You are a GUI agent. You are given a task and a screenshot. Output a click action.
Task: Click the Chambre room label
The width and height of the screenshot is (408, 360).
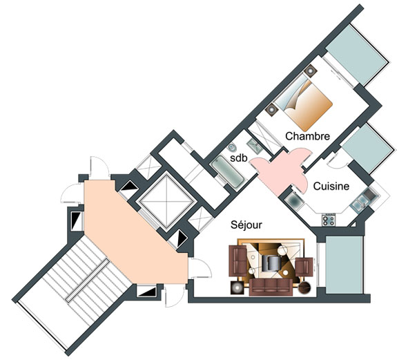[x=307, y=136]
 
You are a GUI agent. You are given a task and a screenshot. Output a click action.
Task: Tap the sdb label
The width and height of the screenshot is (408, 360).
[x=238, y=158]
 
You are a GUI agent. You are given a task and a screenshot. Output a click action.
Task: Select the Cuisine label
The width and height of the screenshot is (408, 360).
[x=331, y=186]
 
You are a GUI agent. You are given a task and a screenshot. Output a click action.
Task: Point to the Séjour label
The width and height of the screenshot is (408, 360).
[x=246, y=225]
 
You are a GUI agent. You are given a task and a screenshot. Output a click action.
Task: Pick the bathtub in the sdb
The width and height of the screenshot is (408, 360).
[x=227, y=171]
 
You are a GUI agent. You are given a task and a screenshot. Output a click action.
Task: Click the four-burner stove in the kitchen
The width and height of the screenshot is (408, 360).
[x=329, y=220]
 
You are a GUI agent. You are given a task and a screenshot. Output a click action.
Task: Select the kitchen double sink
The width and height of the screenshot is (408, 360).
[x=360, y=202]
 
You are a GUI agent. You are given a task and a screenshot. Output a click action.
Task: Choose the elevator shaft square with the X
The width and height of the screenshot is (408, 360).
[x=166, y=201]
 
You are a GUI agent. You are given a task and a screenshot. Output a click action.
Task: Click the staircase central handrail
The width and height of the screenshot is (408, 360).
[x=87, y=281]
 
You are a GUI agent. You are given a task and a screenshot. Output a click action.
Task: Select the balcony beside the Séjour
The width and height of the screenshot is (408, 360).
[x=344, y=265]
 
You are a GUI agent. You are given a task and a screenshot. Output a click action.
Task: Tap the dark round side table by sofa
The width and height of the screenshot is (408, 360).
[x=304, y=287]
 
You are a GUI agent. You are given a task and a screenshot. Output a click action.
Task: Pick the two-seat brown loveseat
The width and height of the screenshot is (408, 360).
[x=237, y=260]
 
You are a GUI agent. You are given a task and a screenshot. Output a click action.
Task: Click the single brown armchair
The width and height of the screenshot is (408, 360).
[x=304, y=267]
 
